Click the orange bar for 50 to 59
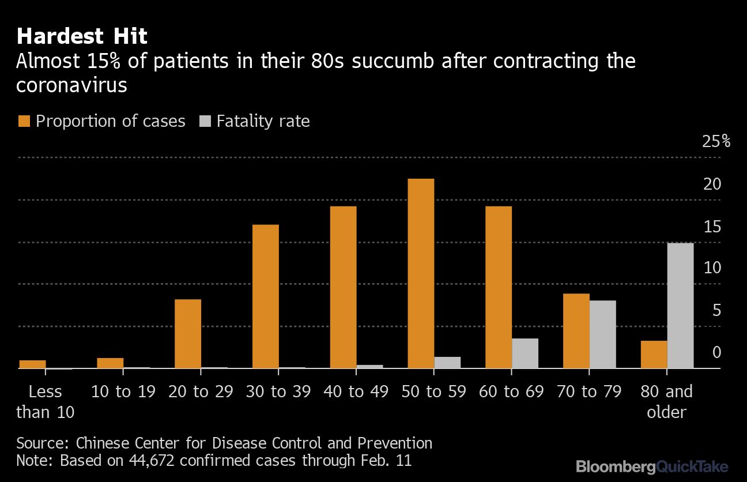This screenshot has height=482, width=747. click(x=421, y=273)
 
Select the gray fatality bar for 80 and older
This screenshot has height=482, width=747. click(x=680, y=306)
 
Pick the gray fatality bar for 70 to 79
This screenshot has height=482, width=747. click(x=602, y=334)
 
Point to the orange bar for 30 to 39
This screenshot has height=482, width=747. click(x=266, y=296)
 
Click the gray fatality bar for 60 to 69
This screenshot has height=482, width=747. click(x=525, y=353)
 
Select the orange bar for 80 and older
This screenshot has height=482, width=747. click(x=654, y=354)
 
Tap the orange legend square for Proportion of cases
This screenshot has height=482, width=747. click(x=24, y=121)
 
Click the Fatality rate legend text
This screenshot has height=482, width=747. click(x=263, y=121)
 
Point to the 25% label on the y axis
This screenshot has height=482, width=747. click(x=716, y=141)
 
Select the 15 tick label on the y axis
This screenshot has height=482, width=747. click(x=712, y=227)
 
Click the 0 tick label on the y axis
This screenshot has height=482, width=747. click(x=716, y=352)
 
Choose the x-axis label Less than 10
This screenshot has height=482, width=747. click(x=45, y=402)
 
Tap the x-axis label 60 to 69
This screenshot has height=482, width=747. click(x=511, y=392)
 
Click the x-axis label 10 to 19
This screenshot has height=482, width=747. click(x=123, y=392)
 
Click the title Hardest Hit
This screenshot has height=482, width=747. click(x=82, y=37)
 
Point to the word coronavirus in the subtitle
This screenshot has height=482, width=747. click(x=71, y=85)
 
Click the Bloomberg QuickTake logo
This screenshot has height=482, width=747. click(x=652, y=466)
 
